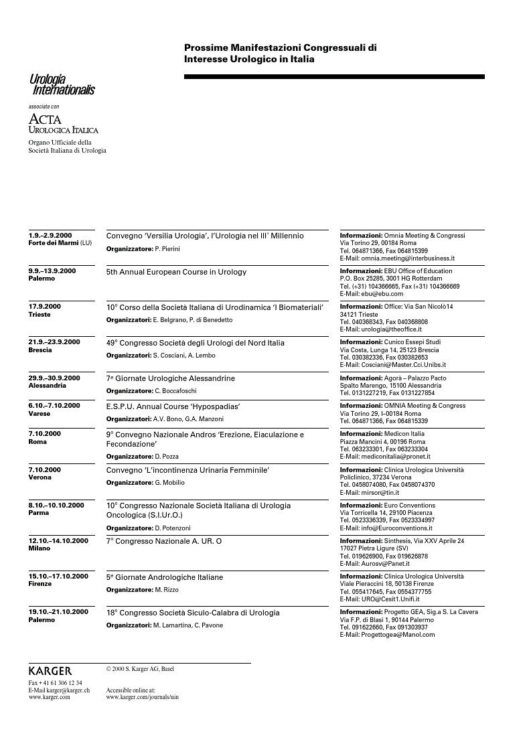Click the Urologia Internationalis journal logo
click(62, 85)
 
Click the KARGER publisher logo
click(50, 671)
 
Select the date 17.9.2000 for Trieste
click(44, 307)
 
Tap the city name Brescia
click(40, 350)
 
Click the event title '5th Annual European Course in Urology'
click(176, 272)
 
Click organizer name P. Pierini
click(167, 249)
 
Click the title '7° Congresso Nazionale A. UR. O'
click(164, 540)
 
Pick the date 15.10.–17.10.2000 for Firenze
click(58, 577)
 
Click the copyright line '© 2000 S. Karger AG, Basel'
click(140, 668)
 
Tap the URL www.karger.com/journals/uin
click(142, 697)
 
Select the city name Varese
click(39, 414)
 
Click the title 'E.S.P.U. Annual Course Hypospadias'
click(173, 406)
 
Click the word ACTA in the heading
click(44, 119)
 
